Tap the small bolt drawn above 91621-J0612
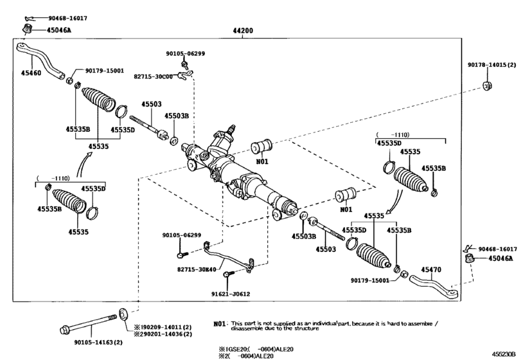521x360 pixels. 227,276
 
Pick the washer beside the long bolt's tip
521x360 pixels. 122,315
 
